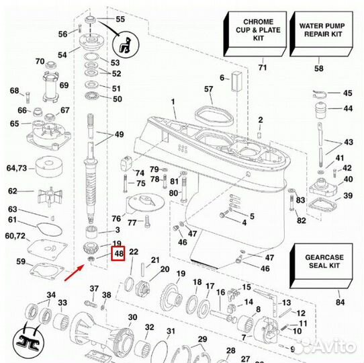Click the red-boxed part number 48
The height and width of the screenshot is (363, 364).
coord(119,254)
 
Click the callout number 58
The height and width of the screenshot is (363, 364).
coord(318,69)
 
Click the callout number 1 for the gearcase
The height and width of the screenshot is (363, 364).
coord(173,102)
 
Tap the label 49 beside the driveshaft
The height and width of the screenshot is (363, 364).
coord(119,134)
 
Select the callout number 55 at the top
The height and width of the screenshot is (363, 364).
coord(120,19)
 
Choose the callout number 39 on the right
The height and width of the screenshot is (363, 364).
coord(348,196)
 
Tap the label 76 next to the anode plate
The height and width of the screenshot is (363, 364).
coord(116,218)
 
